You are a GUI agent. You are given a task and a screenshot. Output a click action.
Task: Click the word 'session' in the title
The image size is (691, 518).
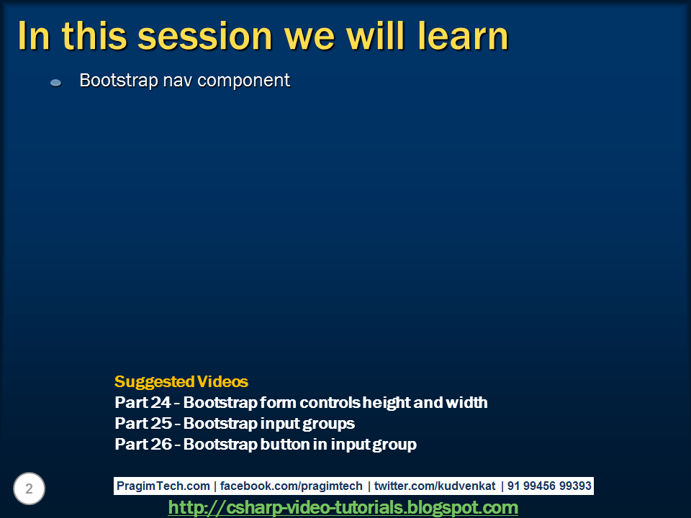pos(205,37)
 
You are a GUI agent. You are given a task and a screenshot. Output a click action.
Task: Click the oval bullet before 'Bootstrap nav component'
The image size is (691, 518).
pos(56,82)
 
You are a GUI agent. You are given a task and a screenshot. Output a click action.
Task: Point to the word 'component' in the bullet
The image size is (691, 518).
pos(244,81)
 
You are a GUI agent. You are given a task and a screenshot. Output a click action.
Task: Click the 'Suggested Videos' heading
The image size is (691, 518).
pos(181,381)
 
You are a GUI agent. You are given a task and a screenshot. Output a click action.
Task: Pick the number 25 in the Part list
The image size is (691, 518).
pos(161,423)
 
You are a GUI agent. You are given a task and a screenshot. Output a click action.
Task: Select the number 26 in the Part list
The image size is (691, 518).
pos(161,444)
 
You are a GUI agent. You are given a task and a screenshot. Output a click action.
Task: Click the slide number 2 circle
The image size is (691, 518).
pos(29,489)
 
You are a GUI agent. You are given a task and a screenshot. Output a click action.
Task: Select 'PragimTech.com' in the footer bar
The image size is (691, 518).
pos(163,486)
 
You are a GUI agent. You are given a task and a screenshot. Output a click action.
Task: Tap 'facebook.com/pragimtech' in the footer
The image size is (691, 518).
pos(292,486)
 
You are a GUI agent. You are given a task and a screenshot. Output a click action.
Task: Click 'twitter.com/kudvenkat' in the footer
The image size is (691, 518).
pos(435,486)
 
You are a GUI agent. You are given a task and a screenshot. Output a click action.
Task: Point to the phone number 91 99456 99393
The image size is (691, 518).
pos(549,486)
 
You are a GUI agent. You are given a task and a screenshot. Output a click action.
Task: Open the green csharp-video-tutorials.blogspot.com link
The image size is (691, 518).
pos(343,508)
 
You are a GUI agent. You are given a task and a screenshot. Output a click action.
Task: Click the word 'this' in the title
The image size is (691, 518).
pos(94,36)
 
